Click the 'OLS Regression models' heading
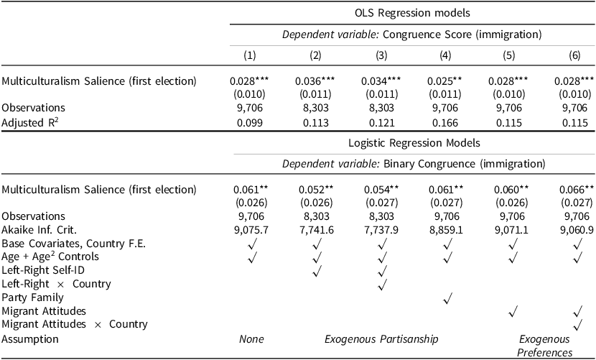[412, 12]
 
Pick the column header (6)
[577, 55]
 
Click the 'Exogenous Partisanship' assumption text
[380, 338]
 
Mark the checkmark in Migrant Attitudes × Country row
[577, 324]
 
